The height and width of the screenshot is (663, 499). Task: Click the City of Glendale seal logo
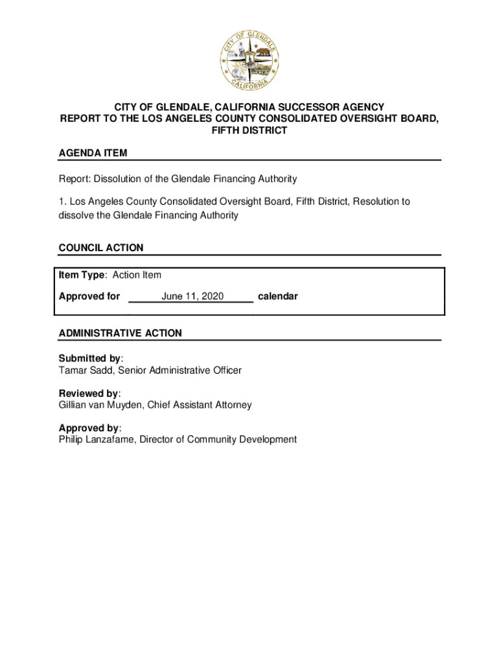pos(250,60)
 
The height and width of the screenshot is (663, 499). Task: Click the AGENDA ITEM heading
pos(93,153)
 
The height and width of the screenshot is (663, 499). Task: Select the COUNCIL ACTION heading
pos(101,248)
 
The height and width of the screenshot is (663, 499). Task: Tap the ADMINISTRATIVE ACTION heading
pos(121,333)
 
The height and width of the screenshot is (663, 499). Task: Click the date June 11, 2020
pos(192,297)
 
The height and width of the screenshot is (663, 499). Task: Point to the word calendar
pos(278,297)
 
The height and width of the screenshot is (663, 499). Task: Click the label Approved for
pos(89,297)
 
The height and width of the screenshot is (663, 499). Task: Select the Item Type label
pos(82,275)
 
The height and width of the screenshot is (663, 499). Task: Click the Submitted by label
pos(90,359)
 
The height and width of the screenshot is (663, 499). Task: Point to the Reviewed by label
pos(89,394)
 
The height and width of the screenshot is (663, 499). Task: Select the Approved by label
pos(89,428)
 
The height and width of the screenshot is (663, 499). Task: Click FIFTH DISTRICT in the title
pos(250,131)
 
